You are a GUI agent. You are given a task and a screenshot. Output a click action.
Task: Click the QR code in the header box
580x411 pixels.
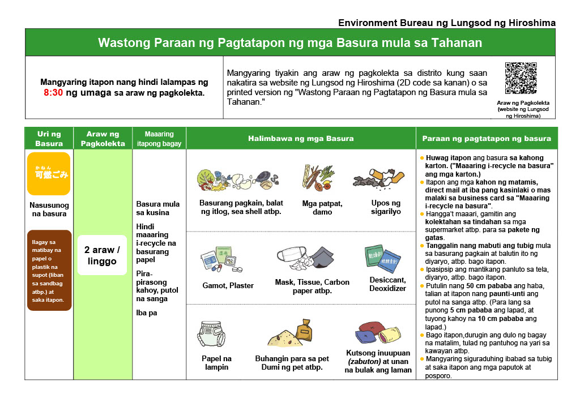tap(521, 78)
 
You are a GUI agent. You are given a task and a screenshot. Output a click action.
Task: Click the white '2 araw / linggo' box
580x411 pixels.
tap(102, 255)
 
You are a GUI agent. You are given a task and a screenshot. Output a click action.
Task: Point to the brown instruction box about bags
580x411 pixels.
tap(49, 271)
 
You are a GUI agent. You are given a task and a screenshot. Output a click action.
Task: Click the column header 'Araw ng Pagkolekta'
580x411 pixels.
tap(103, 139)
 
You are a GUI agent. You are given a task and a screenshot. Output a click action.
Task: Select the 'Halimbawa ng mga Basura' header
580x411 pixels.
tap(301, 139)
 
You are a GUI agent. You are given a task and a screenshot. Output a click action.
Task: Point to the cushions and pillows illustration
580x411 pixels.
tap(378, 334)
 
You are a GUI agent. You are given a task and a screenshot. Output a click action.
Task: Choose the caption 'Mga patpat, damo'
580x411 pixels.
tap(322, 208)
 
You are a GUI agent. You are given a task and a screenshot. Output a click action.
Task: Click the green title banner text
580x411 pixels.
tap(290, 43)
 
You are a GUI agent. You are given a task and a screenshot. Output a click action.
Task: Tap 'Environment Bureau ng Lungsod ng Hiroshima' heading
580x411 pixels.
tap(446, 23)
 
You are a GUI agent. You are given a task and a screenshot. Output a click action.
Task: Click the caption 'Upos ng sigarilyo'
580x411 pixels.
tap(386, 207)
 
